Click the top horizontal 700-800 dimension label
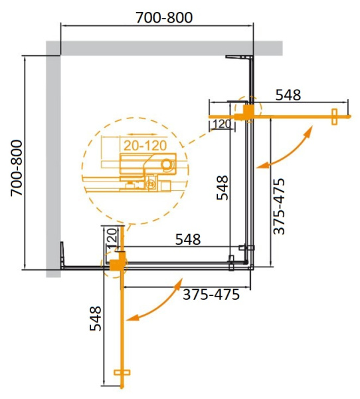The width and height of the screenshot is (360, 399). point(157,17)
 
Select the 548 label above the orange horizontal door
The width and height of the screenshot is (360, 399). point(288,94)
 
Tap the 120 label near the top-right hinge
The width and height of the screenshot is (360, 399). point(222,124)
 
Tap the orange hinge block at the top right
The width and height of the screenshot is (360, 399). point(248,114)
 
